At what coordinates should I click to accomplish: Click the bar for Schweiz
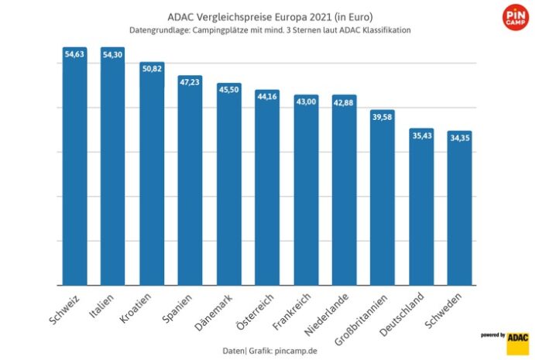(x=75, y=166)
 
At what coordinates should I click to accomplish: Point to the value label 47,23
(x=191, y=82)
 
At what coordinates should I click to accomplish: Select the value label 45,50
(x=228, y=89)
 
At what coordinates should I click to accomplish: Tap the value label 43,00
(x=306, y=101)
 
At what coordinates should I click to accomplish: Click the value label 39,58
(x=383, y=115)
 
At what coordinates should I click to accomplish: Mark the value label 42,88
(x=344, y=101)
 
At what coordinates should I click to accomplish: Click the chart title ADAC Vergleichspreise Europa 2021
(x=269, y=15)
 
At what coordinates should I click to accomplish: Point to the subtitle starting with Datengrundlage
(x=269, y=30)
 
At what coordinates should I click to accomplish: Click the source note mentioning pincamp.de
(x=269, y=351)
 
